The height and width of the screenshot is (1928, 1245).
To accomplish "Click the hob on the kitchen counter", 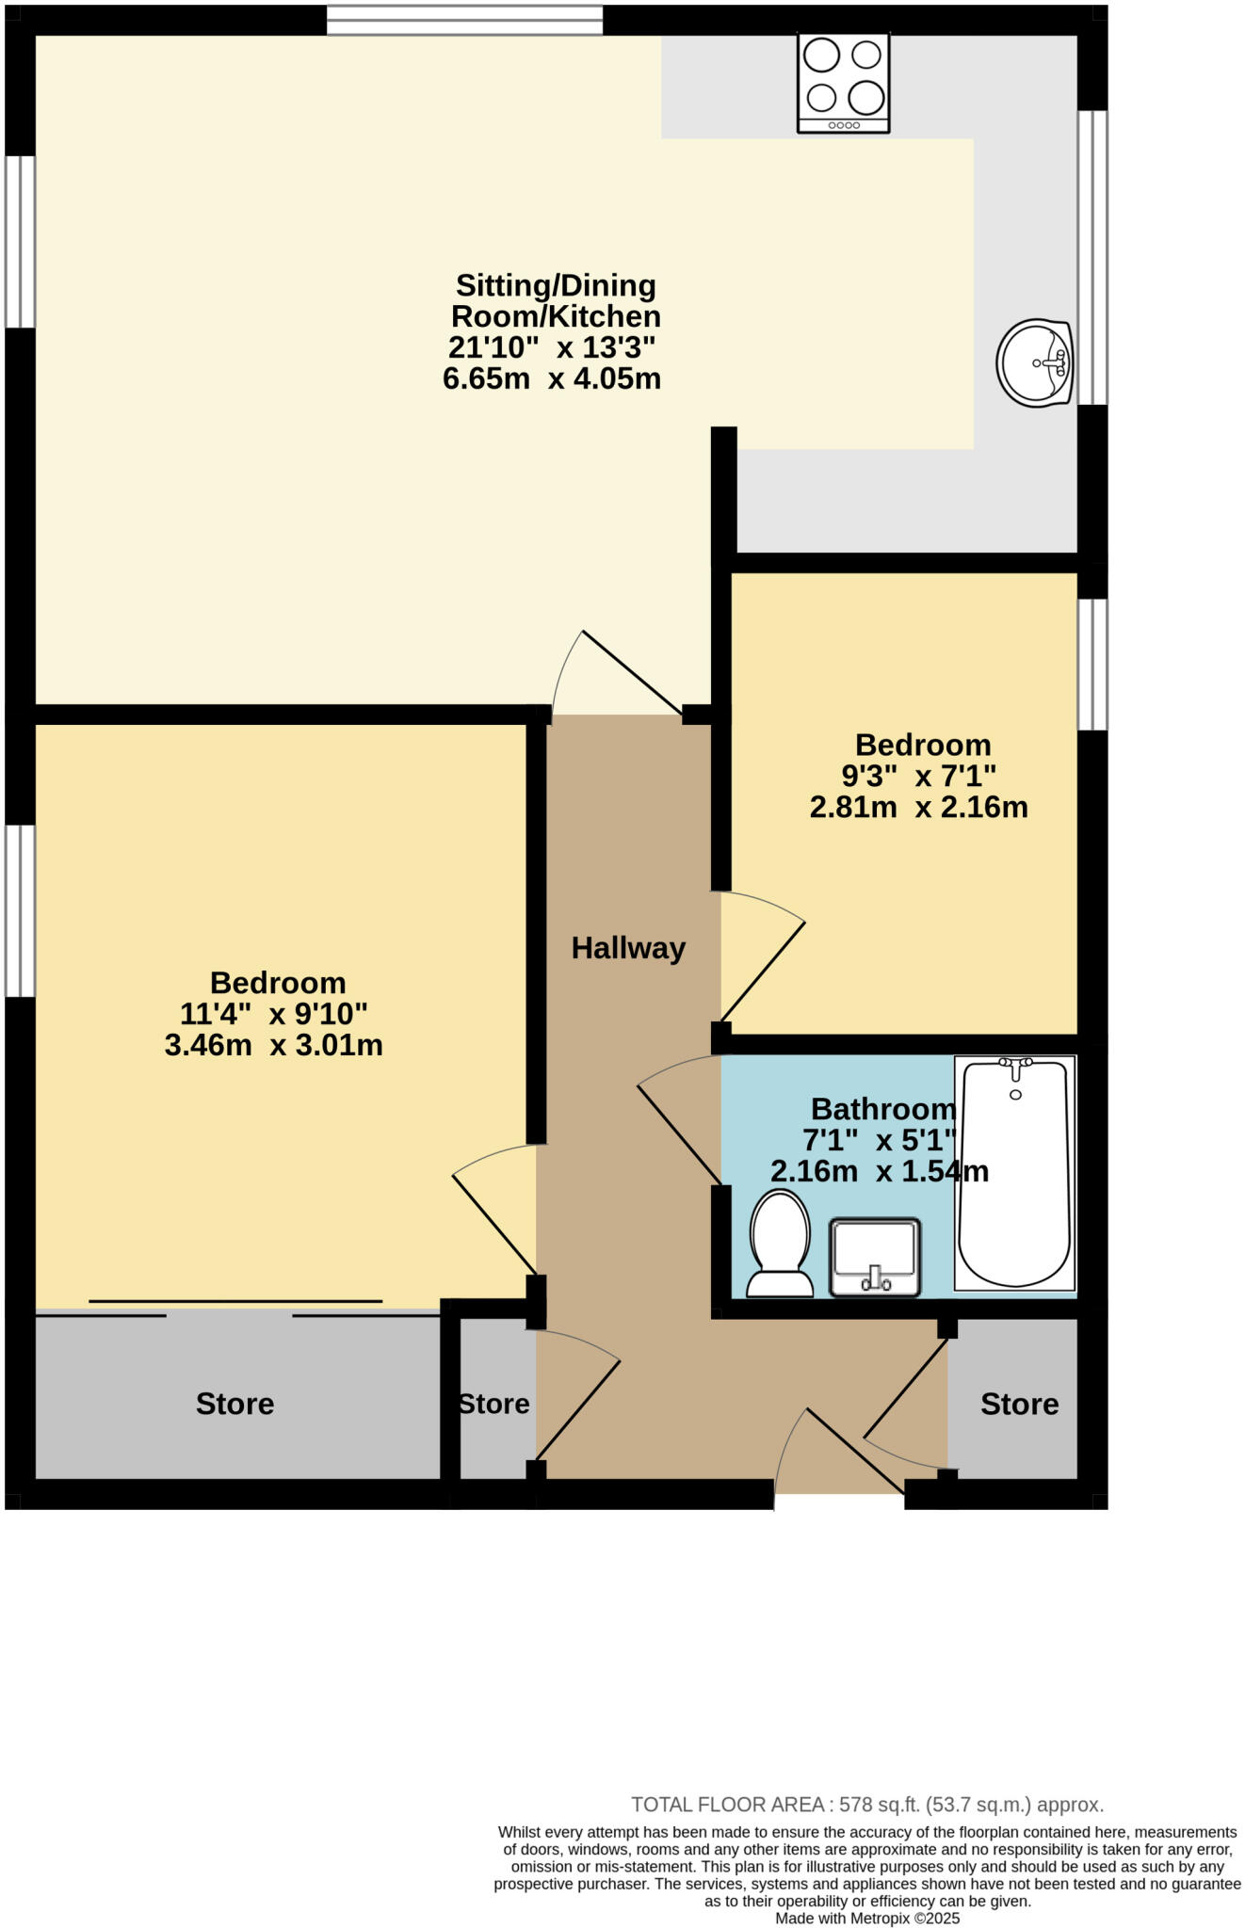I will [x=843, y=83].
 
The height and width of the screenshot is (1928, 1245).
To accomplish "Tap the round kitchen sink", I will [x=1035, y=363].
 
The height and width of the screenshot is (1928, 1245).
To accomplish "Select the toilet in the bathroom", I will [x=780, y=1244].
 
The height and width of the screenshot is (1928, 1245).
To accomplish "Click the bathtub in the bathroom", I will [x=1014, y=1173].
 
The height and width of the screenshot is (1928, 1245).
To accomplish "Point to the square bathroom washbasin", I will [x=875, y=1257].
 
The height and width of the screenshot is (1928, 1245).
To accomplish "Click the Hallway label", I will [x=628, y=948].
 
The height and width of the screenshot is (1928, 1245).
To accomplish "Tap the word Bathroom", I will [x=882, y=1109].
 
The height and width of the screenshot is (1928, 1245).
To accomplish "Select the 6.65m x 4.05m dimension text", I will [x=552, y=379].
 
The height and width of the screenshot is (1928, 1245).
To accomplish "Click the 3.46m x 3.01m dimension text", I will [x=273, y=1046].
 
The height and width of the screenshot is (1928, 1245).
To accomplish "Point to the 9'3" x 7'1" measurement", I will [x=918, y=777].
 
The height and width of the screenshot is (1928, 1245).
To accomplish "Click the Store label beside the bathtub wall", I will [x=1019, y=1405].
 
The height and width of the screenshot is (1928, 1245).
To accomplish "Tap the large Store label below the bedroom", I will [x=234, y=1404].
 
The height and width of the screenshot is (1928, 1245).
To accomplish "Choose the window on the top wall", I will [x=464, y=20].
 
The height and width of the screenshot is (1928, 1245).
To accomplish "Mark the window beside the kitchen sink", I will [x=1092, y=257].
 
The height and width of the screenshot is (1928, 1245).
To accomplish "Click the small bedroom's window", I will [x=1092, y=664].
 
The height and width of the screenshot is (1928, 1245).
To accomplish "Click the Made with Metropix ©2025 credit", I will [x=866, y=1918].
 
